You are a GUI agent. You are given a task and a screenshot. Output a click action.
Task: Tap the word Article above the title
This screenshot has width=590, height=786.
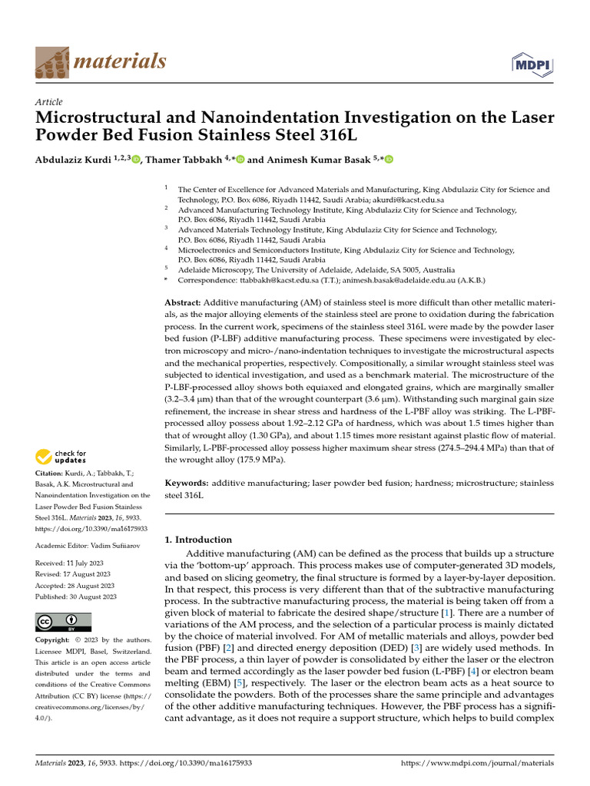(x=49, y=102)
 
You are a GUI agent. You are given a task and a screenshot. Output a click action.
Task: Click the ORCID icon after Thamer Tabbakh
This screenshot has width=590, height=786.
(x=240, y=160)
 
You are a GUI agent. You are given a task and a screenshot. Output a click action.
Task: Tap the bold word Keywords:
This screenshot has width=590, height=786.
(x=187, y=484)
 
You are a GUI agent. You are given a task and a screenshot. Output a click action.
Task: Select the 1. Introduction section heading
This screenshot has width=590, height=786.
(x=199, y=540)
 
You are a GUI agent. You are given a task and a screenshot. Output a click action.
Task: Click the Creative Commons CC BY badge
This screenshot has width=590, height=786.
(x=63, y=622)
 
